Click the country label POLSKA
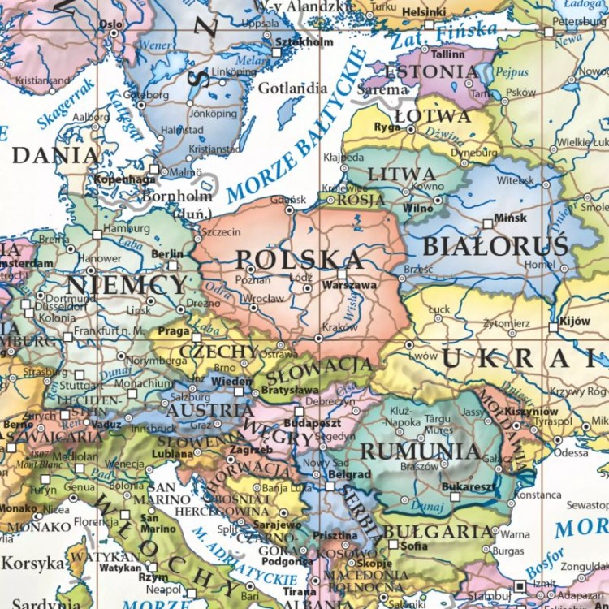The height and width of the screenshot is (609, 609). click(x=287, y=259)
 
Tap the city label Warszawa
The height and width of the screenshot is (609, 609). click(x=349, y=286)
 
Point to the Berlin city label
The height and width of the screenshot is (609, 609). click(x=167, y=254)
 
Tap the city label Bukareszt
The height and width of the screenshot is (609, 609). click(x=468, y=486)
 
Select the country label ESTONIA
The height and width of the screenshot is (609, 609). click(x=431, y=71)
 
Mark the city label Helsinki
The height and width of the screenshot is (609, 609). click(x=424, y=12)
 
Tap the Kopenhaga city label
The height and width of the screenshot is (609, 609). click(x=124, y=179)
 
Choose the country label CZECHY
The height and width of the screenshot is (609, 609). click(x=218, y=351)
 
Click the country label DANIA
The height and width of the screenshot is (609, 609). click(x=56, y=154)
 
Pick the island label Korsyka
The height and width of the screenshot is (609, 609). click(x=32, y=563)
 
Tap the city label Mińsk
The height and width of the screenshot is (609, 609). click(x=510, y=218)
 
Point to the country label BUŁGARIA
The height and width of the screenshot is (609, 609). click(x=438, y=532)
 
